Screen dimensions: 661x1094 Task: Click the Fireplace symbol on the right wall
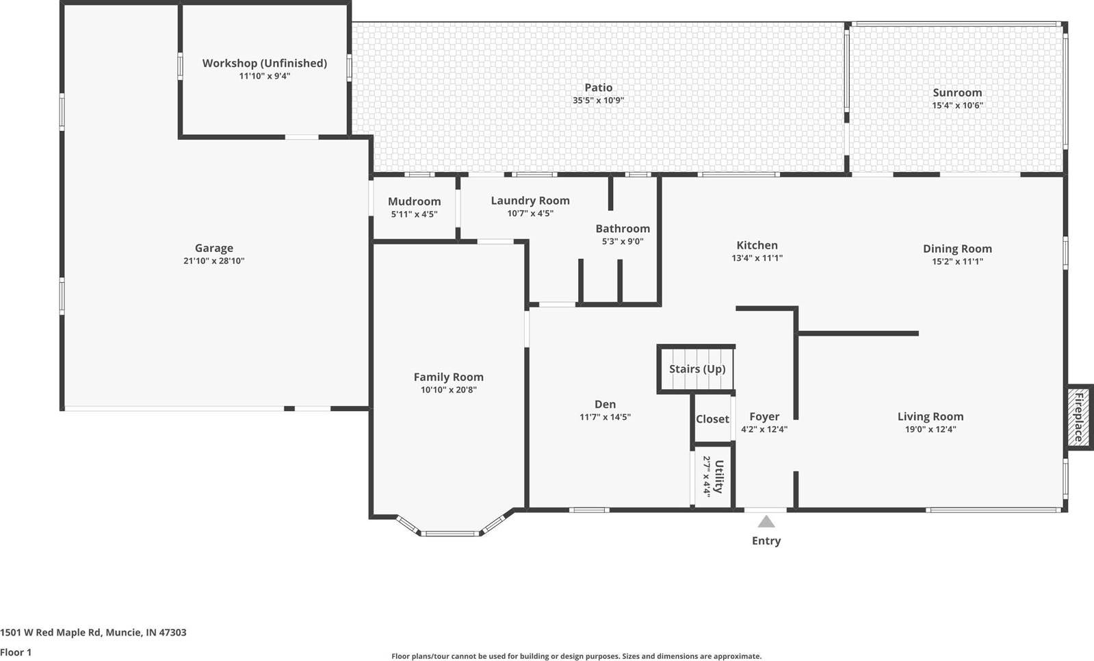[1078, 416]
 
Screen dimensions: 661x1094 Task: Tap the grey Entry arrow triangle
[766, 522]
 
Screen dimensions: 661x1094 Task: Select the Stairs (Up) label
[696, 369]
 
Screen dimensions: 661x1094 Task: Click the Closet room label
[712, 419]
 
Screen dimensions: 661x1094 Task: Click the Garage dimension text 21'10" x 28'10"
[213, 261]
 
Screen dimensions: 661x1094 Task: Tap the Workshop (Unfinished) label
[264, 63]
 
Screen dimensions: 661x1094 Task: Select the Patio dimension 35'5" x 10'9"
[598, 101]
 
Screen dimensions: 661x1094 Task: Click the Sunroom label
[957, 92]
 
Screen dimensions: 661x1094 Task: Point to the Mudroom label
[414, 201]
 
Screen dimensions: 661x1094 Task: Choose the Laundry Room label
[530, 201]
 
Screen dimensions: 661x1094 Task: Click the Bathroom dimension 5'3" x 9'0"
[623, 242]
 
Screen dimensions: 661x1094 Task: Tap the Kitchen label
[757, 245]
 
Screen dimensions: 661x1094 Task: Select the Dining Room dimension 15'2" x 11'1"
[957, 262]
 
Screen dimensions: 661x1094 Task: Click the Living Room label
[930, 416]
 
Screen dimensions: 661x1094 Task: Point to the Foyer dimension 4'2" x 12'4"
[764, 430]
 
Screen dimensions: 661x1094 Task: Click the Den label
[605, 404]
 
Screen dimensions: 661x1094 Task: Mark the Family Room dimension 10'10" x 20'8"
[448, 390]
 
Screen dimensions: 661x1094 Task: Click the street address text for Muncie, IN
[93, 632]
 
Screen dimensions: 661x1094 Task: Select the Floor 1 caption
[16, 652]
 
